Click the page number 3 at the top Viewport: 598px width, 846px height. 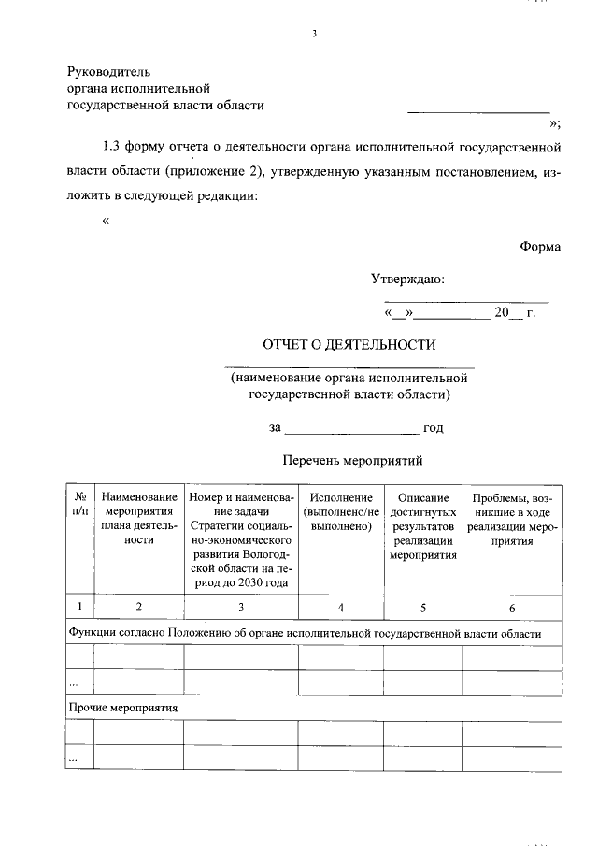[x=315, y=35]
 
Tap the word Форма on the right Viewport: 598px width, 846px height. [x=541, y=246]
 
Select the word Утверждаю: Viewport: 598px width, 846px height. [x=407, y=279]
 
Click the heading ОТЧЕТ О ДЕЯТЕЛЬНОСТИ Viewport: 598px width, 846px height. [x=349, y=344]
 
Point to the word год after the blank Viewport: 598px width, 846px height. [x=433, y=428]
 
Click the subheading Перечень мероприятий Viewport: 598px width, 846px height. [x=352, y=460]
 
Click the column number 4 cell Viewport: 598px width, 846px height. [x=341, y=608]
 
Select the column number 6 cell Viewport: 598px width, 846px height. [x=512, y=608]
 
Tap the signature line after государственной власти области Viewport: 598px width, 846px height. [x=478, y=112]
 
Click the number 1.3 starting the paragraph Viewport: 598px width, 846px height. [x=112, y=147]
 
